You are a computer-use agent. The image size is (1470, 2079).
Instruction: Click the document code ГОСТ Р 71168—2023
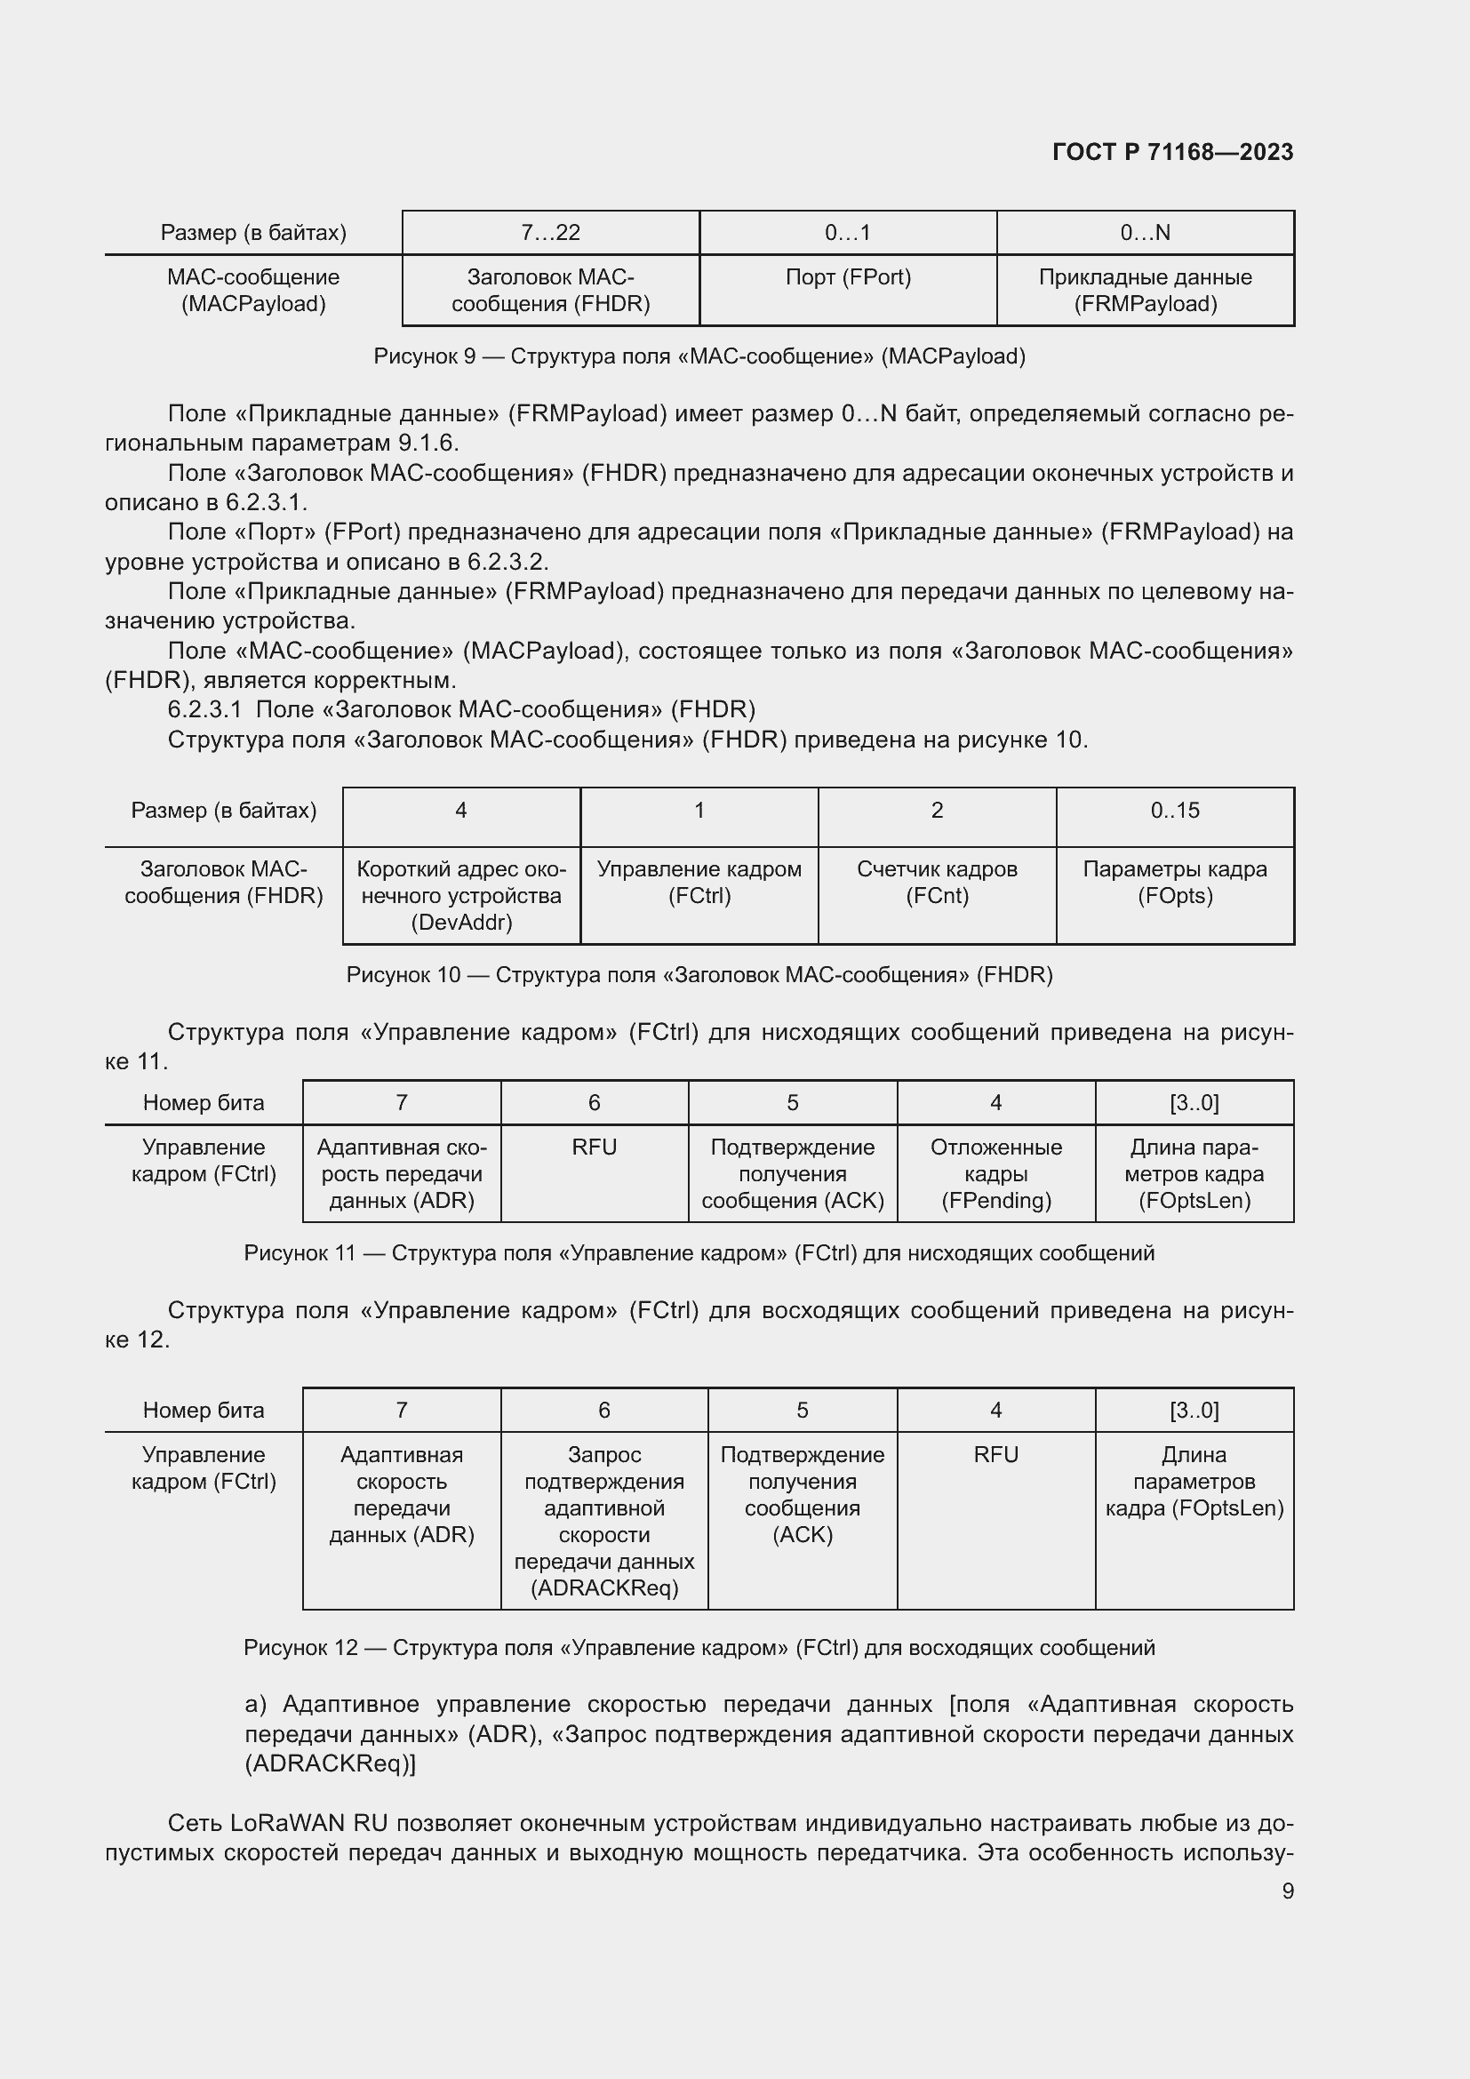[x=1172, y=152]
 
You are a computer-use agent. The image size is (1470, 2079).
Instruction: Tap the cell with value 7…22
[x=550, y=233]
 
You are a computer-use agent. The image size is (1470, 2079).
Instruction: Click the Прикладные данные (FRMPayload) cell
[x=1145, y=290]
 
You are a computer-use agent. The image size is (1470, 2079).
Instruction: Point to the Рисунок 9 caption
[x=699, y=356]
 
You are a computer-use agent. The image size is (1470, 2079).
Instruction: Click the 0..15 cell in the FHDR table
[x=1175, y=811]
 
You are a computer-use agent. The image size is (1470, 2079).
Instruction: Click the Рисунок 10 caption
[x=699, y=975]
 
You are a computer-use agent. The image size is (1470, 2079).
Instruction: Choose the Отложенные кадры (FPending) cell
[x=995, y=1173]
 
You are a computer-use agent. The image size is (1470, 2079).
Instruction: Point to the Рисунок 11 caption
[x=699, y=1253]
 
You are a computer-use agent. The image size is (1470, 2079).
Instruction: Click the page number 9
[x=1287, y=1891]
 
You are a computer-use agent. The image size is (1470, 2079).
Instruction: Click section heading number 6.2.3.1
[x=204, y=709]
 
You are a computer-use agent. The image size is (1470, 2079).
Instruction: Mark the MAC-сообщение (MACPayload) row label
[x=253, y=290]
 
